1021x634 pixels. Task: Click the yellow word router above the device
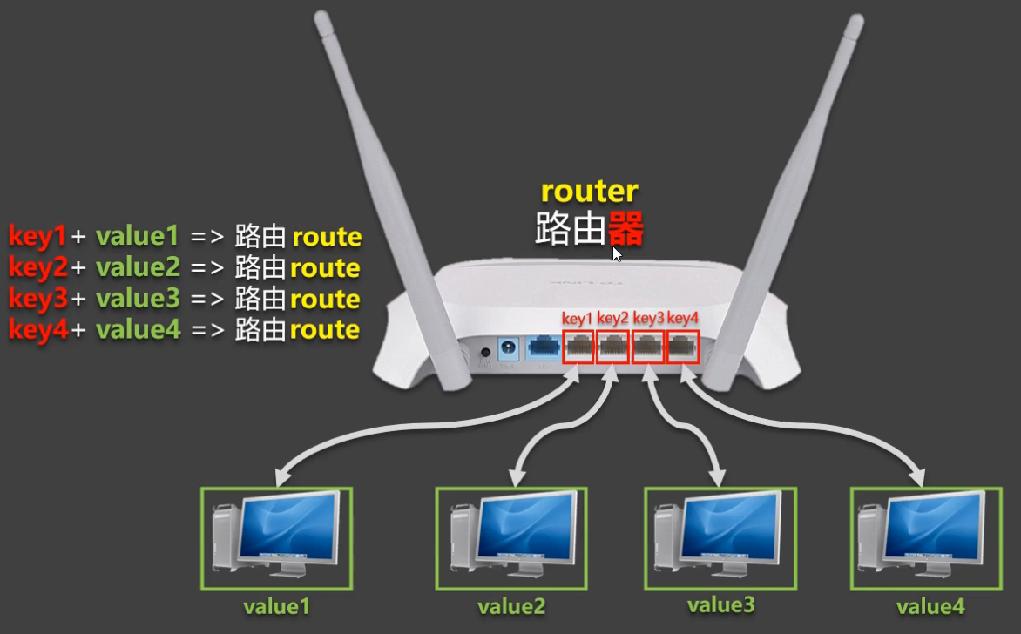pyautogui.click(x=590, y=192)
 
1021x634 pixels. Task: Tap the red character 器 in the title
pyautogui.click(x=625, y=230)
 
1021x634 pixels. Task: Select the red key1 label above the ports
pyautogui.click(x=578, y=318)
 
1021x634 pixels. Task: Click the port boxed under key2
pyautogui.click(x=613, y=347)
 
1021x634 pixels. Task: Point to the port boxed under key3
pyautogui.click(x=648, y=347)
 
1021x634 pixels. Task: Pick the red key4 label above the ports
pyautogui.click(x=683, y=318)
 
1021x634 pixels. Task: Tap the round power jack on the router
pyautogui.click(x=485, y=354)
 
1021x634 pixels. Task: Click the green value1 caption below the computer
pyautogui.click(x=276, y=606)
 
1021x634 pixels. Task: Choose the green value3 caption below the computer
pyautogui.click(x=720, y=604)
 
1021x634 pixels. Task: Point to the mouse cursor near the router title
pyautogui.click(x=617, y=253)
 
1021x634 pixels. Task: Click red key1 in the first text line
pyautogui.click(x=37, y=236)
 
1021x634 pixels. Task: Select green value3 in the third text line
pyautogui.click(x=138, y=299)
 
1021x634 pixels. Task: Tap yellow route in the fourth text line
pyautogui.click(x=325, y=330)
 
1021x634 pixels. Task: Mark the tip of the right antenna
pyautogui.click(x=854, y=19)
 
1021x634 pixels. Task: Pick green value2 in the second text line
pyautogui.click(x=138, y=267)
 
